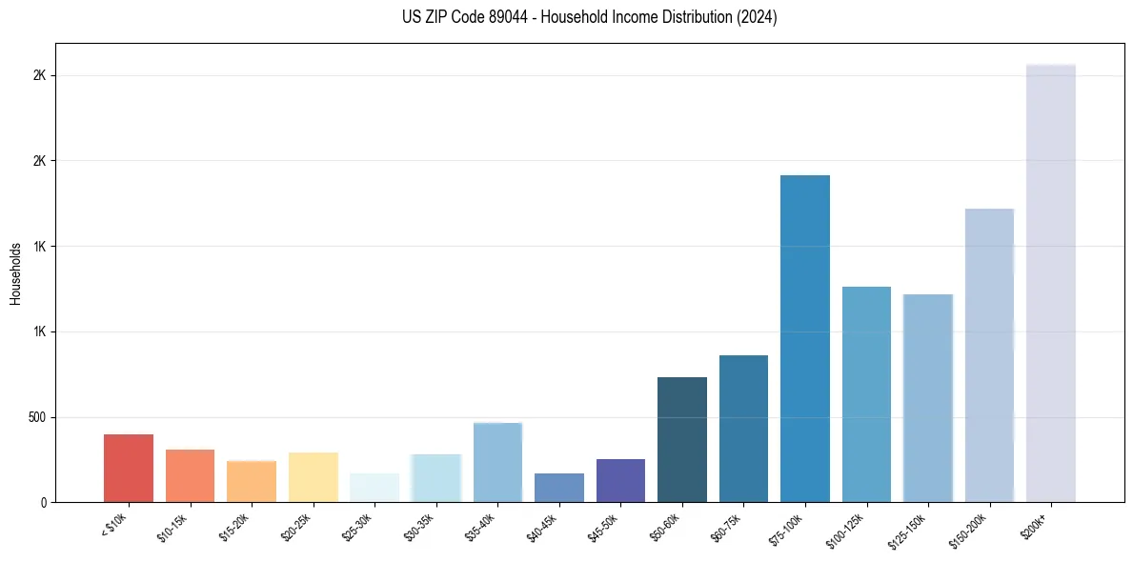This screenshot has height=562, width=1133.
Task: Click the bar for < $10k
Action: (x=129, y=468)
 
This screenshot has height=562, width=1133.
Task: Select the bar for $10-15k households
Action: (x=190, y=475)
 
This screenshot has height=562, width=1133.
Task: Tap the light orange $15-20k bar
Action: (x=252, y=481)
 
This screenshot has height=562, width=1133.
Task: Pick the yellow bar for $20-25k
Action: (x=314, y=477)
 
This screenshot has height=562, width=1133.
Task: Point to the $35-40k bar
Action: (x=497, y=462)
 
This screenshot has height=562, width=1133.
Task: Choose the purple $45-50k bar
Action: (x=620, y=480)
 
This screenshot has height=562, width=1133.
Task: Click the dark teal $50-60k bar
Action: (x=682, y=439)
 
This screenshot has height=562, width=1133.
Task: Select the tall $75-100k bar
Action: (x=805, y=338)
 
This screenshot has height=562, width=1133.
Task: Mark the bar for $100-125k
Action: (x=866, y=394)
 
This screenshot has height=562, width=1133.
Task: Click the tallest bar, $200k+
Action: (x=1051, y=283)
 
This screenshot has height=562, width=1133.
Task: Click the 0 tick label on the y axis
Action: (x=45, y=502)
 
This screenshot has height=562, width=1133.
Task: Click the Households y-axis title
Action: (x=15, y=273)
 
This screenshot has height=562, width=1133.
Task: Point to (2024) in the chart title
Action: (x=758, y=17)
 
